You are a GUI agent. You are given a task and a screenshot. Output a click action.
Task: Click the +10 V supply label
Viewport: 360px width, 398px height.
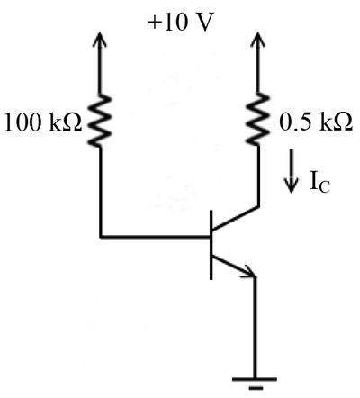[180, 23]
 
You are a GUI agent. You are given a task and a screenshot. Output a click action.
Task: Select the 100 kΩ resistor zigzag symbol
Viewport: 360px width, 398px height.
[100, 121]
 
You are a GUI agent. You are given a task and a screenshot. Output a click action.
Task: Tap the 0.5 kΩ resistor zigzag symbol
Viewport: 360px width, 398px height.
[257, 119]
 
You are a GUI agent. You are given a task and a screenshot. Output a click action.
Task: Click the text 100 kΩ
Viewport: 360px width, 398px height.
[43, 122]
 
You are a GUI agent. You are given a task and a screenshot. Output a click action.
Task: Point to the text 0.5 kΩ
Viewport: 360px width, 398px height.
[316, 122]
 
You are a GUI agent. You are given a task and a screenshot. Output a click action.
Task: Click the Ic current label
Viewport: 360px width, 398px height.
[319, 183]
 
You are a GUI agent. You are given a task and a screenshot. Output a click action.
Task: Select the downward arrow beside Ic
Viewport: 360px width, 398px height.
[291, 170]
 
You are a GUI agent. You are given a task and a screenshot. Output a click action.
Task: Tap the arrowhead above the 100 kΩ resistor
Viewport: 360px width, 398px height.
[100, 40]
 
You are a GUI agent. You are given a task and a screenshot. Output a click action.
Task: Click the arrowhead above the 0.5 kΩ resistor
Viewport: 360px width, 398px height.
[257, 40]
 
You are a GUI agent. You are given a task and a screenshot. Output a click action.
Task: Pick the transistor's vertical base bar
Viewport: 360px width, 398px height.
[211, 245]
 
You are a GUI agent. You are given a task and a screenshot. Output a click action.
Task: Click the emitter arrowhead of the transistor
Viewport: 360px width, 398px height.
[249, 271]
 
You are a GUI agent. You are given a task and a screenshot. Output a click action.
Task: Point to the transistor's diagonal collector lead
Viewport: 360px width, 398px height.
[235, 219]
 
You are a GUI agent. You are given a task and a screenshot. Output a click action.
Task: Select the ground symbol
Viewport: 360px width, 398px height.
[255, 384]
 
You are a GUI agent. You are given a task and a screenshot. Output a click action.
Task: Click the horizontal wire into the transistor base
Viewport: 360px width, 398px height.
[155, 237]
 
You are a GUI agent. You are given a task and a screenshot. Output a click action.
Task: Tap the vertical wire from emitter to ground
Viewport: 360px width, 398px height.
[255, 327]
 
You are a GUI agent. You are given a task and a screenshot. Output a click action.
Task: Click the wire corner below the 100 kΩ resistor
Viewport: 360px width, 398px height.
[101, 237]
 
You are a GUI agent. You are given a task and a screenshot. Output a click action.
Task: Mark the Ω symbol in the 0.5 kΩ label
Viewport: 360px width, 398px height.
[344, 122]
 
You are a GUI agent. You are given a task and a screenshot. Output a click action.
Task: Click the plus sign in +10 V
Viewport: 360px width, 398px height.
[153, 23]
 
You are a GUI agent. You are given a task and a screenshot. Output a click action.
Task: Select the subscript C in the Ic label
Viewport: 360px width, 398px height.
[324, 186]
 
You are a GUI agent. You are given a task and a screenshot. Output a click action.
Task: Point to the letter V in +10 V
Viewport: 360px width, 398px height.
[205, 23]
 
